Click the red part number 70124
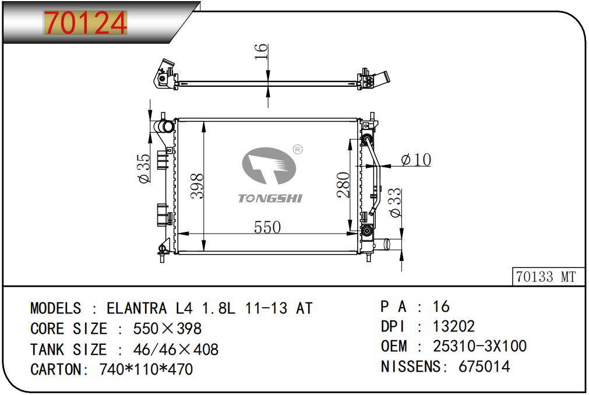click(86, 23)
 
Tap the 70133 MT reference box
click(548, 277)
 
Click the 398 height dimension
click(197, 186)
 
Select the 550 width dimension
click(267, 227)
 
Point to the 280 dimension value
click(343, 185)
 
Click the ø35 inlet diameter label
click(144, 168)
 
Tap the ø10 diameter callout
click(416, 160)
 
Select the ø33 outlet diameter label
click(395, 202)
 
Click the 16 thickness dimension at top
click(260, 51)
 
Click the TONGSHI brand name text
click(270, 198)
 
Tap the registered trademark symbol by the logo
click(298, 150)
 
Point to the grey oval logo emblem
click(269, 165)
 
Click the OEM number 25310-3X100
click(479, 346)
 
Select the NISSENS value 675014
click(484, 366)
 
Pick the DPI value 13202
click(454, 326)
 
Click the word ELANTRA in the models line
click(137, 308)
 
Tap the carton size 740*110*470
click(146, 369)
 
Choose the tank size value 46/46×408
click(176, 350)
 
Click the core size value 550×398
click(168, 329)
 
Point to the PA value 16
click(442, 306)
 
